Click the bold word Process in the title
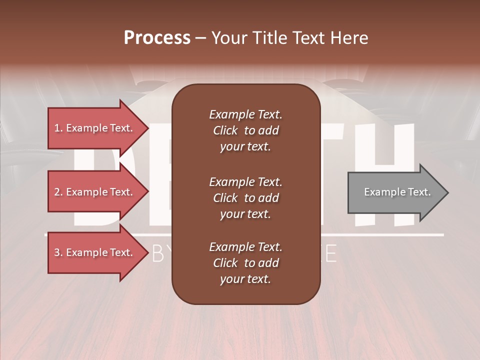(157, 38)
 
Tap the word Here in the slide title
(348, 38)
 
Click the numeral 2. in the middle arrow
(58, 192)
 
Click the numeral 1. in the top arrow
(58, 128)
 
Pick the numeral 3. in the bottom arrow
(58, 253)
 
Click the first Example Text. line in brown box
(245, 114)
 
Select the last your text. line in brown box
(245, 279)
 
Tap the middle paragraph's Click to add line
(245, 198)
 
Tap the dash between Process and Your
(201, 38)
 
